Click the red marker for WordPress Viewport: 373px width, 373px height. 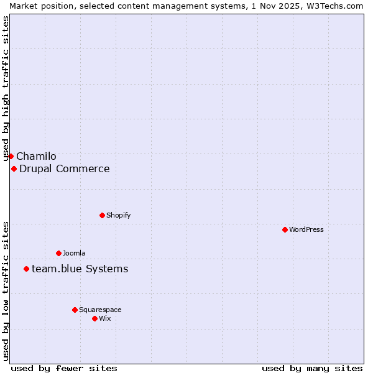pos(285,229)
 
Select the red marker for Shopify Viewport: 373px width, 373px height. pos(102,215)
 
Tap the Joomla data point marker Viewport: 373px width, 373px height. pos(58,253)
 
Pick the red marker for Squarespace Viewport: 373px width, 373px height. pos(75,310)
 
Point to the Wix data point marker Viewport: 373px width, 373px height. pos(94,318)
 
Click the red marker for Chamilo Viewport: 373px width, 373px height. pos(11,156)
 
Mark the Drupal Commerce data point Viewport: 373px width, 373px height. pos(14,168)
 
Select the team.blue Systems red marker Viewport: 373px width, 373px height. pos(26,269)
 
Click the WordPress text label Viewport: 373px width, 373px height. pos(306,229)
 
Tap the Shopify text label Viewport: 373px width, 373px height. pos(119,215)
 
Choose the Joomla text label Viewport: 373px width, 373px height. pos(74,253)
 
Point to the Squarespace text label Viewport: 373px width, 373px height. pos(100,310)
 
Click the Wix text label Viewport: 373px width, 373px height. pos(105,318)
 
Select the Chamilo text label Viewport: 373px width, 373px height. pos(36,156)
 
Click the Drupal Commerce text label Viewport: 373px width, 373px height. pos(65,168)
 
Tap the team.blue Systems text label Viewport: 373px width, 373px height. pos(80,269)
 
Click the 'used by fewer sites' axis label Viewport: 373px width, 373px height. pos(64,368)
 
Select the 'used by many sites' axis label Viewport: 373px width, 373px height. pos(312,368)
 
